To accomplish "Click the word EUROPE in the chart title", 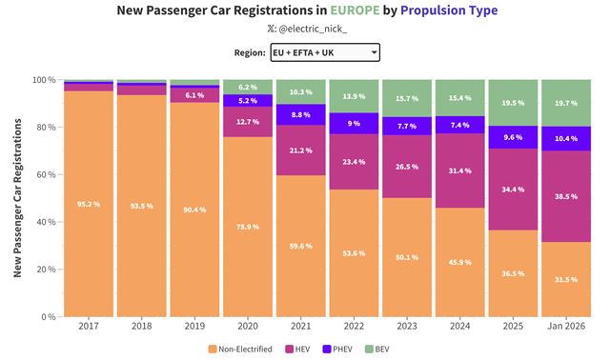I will pos(354,10).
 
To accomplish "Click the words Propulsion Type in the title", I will pos(448,10).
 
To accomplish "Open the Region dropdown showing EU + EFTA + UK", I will pos(324,52).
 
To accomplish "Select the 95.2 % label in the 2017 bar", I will pos(88,204).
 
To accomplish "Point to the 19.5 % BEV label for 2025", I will pos(512,103).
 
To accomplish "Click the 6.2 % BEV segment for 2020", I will pos(247,87).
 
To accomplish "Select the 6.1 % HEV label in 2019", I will pos(193,95).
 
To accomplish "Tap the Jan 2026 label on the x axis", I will pos(565,327).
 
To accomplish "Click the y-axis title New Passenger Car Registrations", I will pos(18,198).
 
